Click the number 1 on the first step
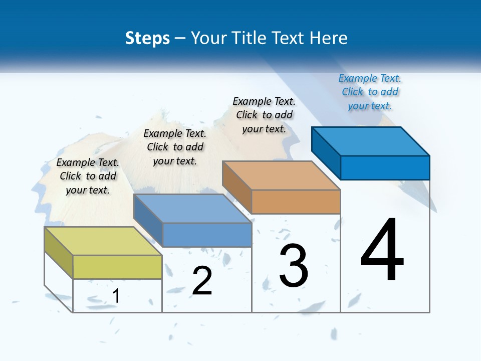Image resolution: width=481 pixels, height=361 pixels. coord(116,296)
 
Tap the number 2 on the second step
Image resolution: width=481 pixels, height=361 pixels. coord(202,280)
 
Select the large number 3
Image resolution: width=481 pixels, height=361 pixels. coord(294,266)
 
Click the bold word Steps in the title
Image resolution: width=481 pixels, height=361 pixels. coord(147,38)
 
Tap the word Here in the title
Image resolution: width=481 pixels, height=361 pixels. coord(329,38)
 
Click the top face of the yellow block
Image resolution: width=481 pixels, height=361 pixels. coord(103,241)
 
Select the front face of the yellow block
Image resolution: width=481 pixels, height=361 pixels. coord(117,267)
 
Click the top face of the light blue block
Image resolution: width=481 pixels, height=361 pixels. coord(192,209)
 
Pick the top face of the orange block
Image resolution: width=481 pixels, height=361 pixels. coord(281,175)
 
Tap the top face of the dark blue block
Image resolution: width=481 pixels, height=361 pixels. coord(371,141)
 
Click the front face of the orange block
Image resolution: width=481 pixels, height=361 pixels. coord(296,202)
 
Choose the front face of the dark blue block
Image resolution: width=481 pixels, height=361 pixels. coord(385,167)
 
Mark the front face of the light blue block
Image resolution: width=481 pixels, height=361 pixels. coord(207,235)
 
